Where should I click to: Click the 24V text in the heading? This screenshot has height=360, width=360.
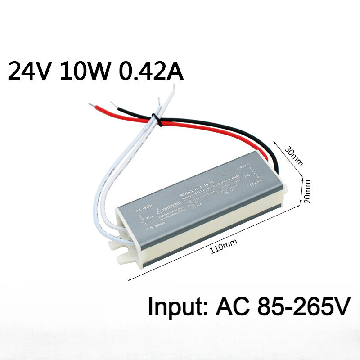coord(28,71)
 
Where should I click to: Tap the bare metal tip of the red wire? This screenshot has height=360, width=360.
coord(92,106)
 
